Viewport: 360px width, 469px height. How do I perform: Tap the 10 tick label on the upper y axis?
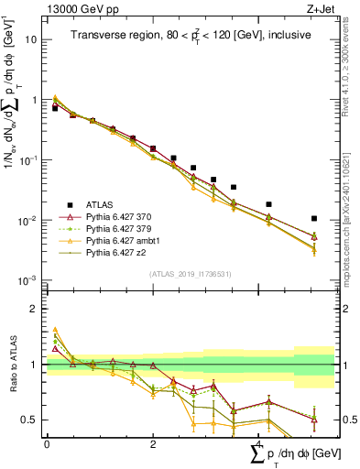30,40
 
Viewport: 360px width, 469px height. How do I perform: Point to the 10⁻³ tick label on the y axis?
28,280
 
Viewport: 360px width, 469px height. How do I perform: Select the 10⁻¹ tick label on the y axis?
28,160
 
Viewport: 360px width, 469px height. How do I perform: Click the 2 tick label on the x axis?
153,444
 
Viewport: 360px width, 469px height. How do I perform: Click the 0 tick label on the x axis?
47,444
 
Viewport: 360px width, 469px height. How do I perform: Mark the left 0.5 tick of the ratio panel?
30,420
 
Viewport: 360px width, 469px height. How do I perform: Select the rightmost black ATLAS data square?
314,219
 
